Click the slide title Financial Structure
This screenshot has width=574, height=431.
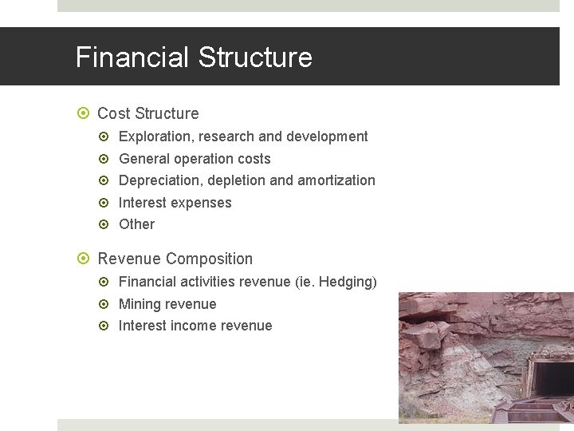(x=194, y=57)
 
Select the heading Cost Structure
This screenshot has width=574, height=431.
(x=147, y=113)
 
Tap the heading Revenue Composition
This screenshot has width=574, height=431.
(x=175, y=259)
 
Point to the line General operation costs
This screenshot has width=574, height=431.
(x=195, y=159)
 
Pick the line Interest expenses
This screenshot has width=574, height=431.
(x=175, y=203)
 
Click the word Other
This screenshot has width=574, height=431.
(x=136, y=224)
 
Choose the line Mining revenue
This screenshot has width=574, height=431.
(x=167, y=304)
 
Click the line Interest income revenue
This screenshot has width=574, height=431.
(x=195, y=326)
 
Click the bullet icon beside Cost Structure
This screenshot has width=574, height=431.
(x=83, y=114)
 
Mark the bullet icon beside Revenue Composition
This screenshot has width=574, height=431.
(x=83, y=259)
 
